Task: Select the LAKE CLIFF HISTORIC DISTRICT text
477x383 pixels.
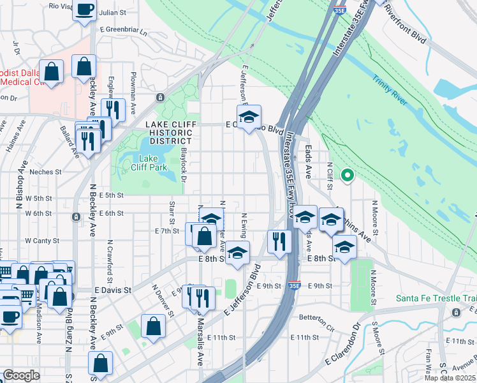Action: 168,132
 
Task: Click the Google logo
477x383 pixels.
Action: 21,375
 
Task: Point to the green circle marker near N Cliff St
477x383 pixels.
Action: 348,174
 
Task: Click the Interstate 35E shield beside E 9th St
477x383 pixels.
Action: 294,285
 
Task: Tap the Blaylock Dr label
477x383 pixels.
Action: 183,166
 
